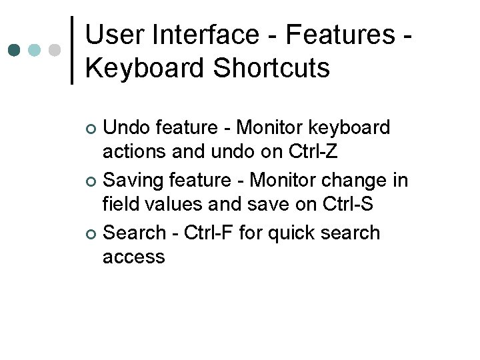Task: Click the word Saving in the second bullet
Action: point(135,180)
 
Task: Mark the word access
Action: point(133,257)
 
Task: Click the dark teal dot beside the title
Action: point(14,50)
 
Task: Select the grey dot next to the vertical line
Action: point(55,50)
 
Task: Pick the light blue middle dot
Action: point(35,50)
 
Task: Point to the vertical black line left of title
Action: point(71,50)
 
